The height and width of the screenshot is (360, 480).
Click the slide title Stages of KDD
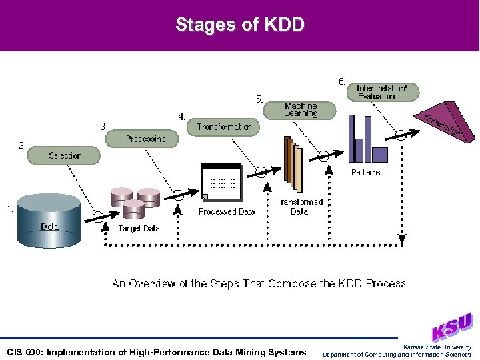click(240, 25)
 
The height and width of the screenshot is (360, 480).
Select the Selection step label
click(65, 155)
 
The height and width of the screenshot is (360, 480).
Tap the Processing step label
click(145, 139)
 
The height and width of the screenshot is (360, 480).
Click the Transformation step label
click(224, 127)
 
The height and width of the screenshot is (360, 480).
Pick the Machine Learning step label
click(301, 109)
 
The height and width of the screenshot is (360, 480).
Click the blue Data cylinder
click(50, 220)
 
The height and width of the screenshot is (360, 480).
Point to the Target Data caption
click(139, 228)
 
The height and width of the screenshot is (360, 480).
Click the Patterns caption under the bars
click(365, 173)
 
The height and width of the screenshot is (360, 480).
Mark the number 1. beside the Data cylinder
click(9, 209)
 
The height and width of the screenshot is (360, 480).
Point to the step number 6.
click(341, 82)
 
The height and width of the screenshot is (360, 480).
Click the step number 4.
click(181, 117)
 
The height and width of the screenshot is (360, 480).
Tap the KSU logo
click(451, 327)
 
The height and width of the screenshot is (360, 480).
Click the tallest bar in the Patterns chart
click(368, 139)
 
